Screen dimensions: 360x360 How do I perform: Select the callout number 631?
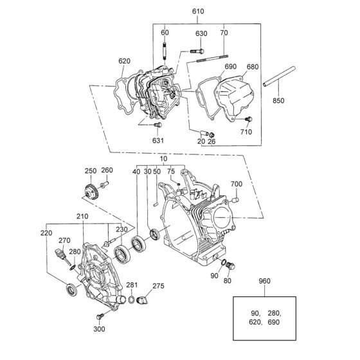click(x=158, y=140)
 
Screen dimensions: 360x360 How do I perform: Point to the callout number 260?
click(x=107, y=170)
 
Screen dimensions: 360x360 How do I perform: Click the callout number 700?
click(x=236, y=184)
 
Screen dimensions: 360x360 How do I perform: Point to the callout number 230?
click(x=122, y=230)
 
